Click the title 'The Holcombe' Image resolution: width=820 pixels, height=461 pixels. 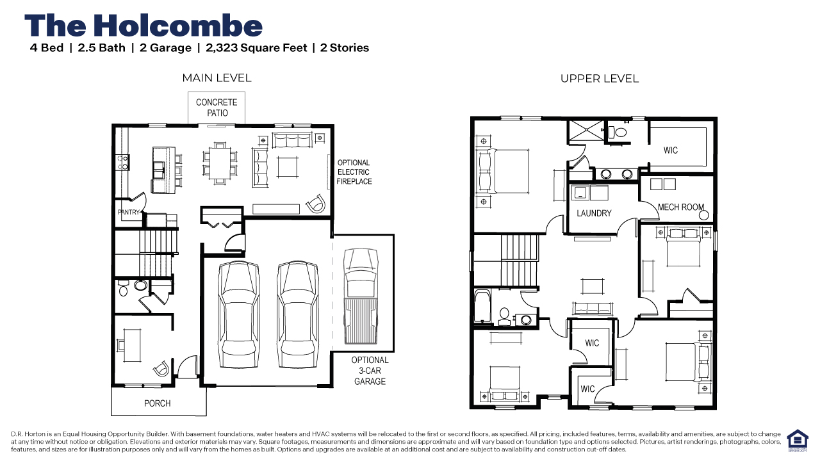143,26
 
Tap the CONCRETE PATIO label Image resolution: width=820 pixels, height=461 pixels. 217,108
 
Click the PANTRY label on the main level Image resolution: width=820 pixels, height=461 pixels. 129,212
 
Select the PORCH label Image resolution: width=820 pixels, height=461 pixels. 158,403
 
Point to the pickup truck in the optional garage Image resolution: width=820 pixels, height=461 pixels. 361,296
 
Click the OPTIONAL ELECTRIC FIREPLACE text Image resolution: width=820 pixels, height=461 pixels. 354,172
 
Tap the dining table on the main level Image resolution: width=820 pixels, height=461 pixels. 220,163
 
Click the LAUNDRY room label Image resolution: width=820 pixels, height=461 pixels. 594,213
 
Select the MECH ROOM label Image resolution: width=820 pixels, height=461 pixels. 681,207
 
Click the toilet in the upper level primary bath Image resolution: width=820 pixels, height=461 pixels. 618,132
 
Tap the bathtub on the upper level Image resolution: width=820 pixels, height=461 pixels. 482,306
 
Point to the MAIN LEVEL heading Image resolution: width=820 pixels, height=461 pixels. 217,78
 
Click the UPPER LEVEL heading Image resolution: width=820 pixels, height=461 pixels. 600,79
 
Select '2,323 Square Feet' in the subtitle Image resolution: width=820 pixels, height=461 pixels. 256,48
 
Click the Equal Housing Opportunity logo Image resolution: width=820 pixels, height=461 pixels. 798,441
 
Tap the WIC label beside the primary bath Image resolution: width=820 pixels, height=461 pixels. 671,150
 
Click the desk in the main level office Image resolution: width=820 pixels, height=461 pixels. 132,345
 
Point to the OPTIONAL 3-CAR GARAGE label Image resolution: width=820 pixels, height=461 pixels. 370,371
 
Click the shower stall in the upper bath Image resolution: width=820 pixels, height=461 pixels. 587,130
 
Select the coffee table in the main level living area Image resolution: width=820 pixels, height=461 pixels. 288,167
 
